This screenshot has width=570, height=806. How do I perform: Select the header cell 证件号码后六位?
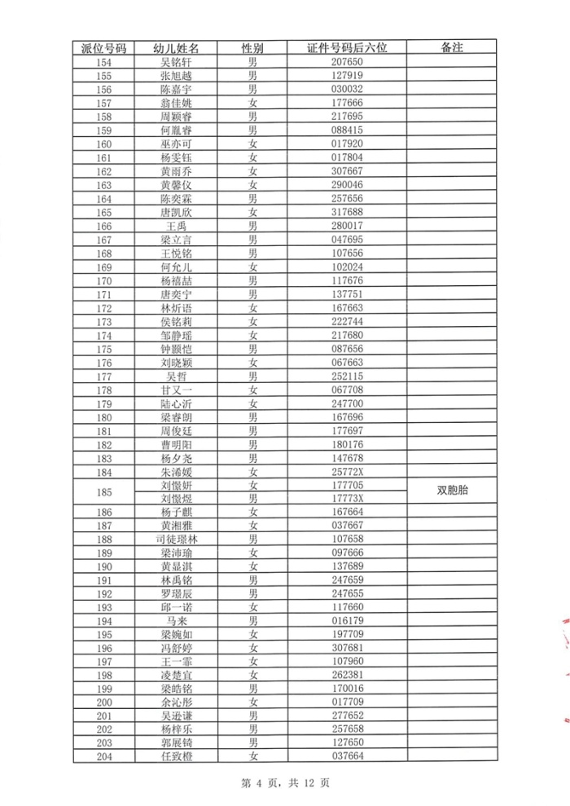click(x=347, y=48)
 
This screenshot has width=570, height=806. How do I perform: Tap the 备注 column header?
click(x=451, y=48)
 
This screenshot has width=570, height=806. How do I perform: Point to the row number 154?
click(x=103, y=62)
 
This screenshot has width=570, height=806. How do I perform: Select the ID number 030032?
click(x=347, y=89)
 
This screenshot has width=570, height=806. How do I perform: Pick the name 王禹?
click(x=176, y=226)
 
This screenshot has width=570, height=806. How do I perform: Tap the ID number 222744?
click(x=347, y=322)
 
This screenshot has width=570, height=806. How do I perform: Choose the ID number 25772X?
click(x=347, y=472)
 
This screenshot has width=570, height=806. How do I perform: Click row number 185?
click(x=103, y=491)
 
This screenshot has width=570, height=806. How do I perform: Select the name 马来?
click(x=176, y=621)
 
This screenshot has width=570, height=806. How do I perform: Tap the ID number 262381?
click(x=347, y=676)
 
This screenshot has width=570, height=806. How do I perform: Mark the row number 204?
click(x=103, y=757)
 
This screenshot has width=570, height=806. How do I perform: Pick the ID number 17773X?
click(x=347, y=499)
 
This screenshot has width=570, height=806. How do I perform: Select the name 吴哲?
click(x=176, y=377)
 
